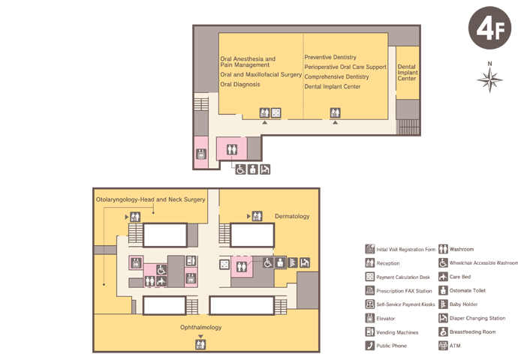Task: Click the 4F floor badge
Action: [489, 28]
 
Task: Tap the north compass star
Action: [489, 79]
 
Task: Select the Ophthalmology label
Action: [201, 327]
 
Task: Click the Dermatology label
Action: [292, 216]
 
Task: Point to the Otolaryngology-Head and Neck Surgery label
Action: [151, 199]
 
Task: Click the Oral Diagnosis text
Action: [240, 85]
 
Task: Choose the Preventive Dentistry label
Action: [330, 57]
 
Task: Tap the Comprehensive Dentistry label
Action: [336, 76]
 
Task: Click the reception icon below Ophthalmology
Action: [200, 344]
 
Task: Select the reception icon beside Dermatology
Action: [257, 216]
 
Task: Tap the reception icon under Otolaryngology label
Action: [135, 217]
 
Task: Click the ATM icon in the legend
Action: [443, 346]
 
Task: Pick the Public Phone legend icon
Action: [369, 346]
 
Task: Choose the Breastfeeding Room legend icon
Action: [443, 331]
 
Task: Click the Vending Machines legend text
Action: [397, 332]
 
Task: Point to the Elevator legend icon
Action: [369, 318]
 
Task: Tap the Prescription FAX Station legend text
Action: [404, 291]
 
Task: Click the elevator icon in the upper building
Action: [201, 154]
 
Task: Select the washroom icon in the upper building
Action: [232, 149]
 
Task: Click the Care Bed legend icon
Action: [443, 277]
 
